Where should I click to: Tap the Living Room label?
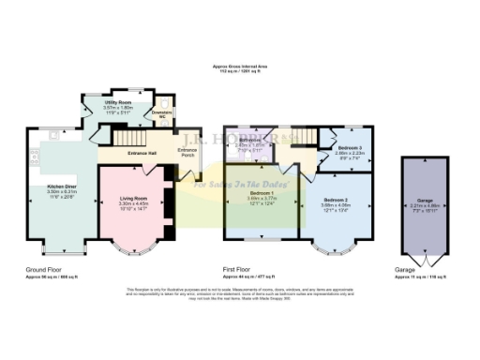[x=132, y=198]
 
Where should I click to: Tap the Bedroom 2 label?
[x=336, y=200]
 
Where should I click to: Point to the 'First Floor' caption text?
[x=243, y=268]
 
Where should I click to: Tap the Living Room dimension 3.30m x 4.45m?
[x=132, y=203]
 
